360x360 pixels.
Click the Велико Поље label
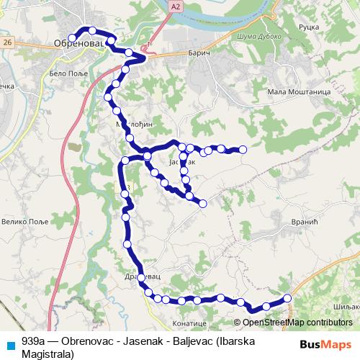tap(24, 222)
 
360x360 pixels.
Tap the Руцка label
tap(307, 26)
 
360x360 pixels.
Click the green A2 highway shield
tap(176, 6)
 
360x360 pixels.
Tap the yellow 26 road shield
tap(7, 42)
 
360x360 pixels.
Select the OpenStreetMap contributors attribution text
tap(297, 323)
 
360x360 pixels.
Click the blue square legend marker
tap(8, 343)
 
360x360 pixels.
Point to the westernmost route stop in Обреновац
tap(71, 38)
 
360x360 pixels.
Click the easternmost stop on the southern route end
tap(287, 298)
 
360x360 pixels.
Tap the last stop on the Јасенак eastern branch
tap(243, 150)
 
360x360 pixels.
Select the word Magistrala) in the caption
tap(48, 354)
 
